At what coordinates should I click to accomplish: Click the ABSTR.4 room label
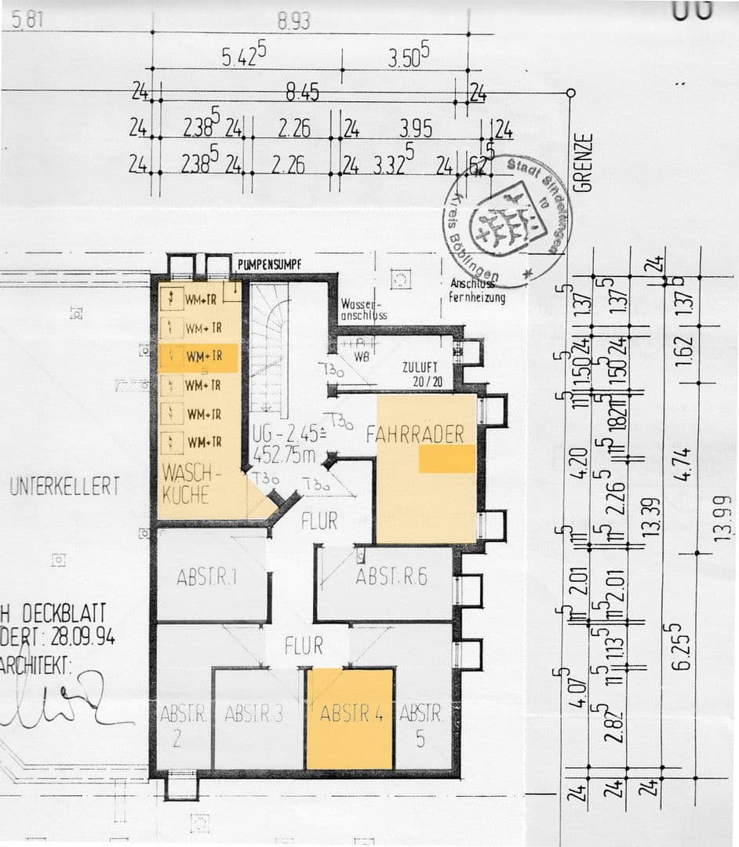point(351,714)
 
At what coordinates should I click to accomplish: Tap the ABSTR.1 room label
point(207,579)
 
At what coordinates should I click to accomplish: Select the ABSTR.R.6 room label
point(391,577)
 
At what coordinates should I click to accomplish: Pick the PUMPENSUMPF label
point(270,265)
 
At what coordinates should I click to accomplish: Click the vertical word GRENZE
point(582,163)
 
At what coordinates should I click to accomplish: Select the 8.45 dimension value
point(302,94)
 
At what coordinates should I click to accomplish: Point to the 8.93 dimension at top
point(294,21)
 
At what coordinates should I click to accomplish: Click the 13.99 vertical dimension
point(723,518)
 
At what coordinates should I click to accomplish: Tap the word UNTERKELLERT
point(65,486)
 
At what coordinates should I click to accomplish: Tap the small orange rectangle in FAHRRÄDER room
point(446,459)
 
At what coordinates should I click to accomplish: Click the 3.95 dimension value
point(417,129)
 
